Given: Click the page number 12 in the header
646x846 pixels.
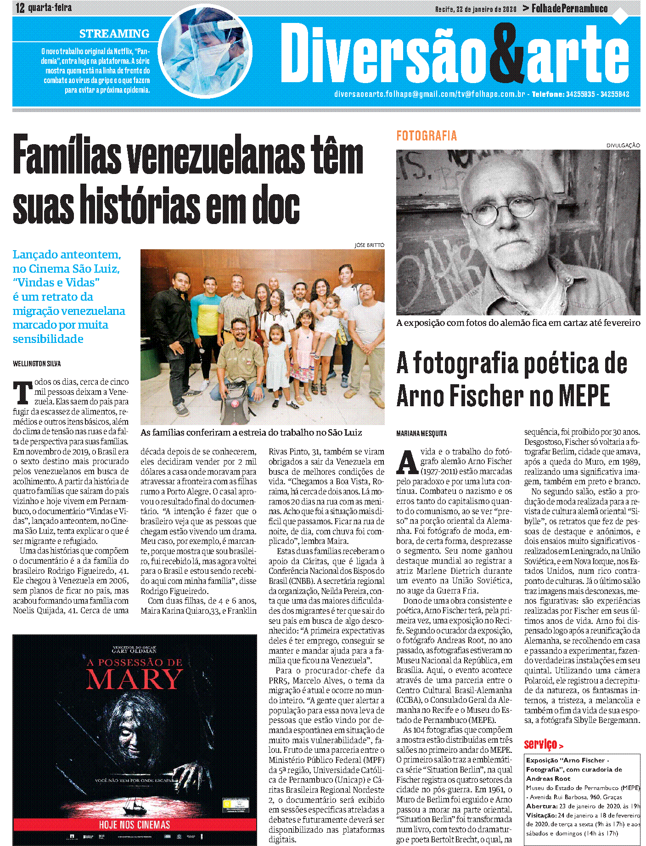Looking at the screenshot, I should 20,8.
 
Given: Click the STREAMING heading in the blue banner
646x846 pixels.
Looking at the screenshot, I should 114,34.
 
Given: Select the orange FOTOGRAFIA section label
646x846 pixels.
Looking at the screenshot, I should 427,136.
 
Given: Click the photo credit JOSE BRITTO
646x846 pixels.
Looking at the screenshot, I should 369,245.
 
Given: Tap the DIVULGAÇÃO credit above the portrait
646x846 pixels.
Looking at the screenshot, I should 623,146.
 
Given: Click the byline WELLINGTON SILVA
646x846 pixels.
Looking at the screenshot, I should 37,364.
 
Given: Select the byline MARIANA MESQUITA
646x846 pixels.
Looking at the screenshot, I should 421,433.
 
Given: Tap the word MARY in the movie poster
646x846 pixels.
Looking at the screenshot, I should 135,679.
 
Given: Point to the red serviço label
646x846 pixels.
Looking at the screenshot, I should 541,744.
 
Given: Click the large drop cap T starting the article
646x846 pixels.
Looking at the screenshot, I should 22,393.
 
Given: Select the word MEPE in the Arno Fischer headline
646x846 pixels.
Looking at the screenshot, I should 584,396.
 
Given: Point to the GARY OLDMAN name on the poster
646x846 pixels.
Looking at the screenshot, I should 135,650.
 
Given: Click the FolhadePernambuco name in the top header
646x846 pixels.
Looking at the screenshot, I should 569,8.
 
